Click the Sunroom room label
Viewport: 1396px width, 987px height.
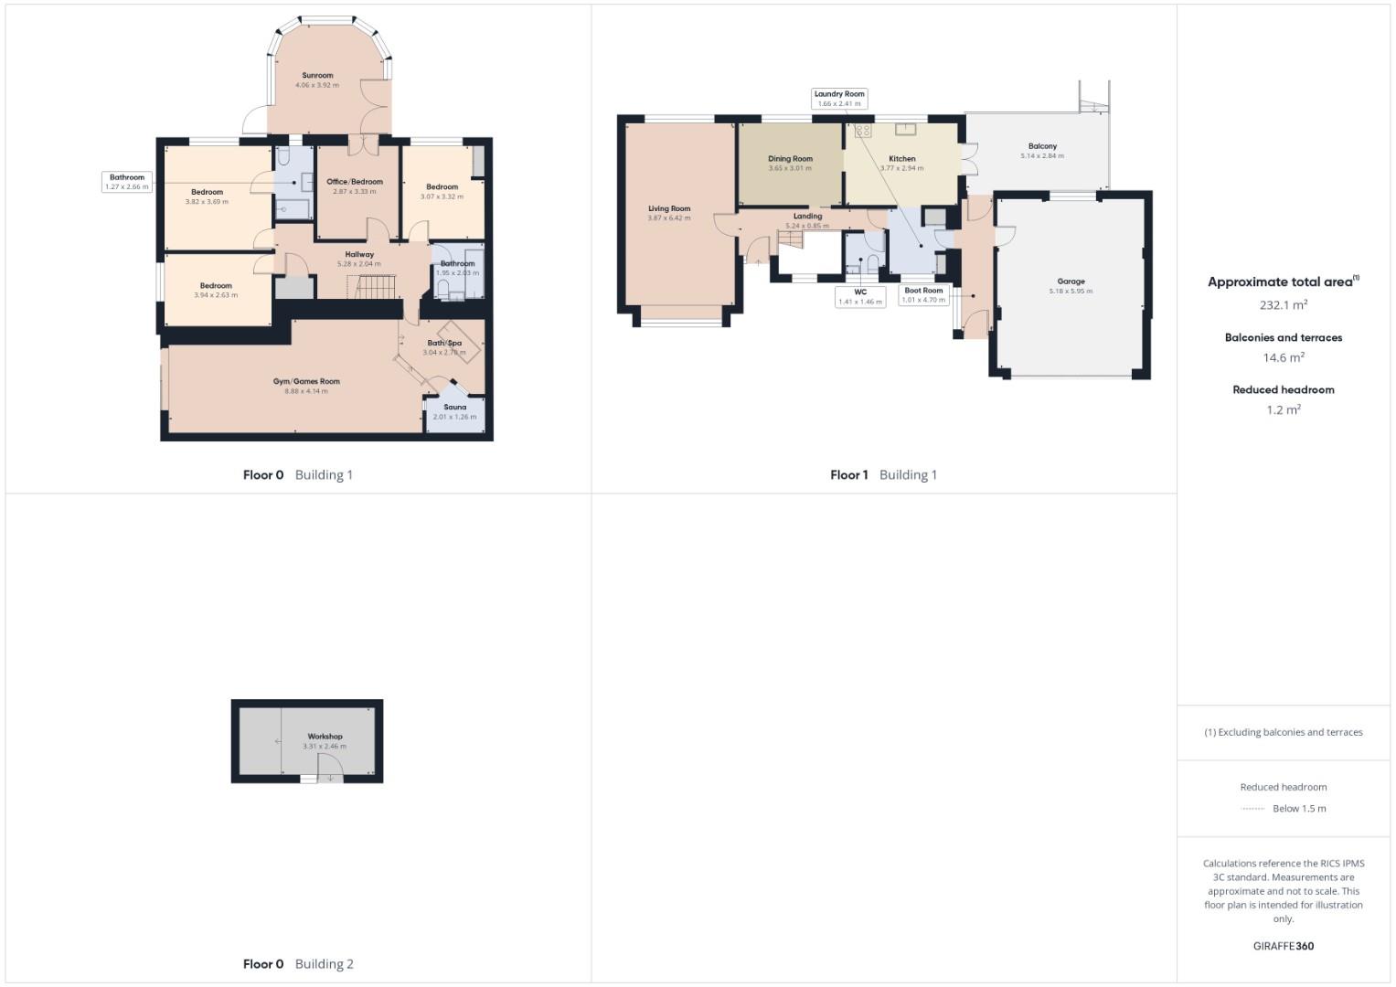point(317,76)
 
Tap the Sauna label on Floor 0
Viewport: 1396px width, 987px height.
point(454,408)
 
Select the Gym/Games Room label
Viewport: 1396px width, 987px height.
point(306,382)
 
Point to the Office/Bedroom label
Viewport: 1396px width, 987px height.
point(355,182)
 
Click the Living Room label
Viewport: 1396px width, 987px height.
point(669,209)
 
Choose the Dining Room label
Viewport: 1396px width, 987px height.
point(790,159)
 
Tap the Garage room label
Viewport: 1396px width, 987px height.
point(1071,281)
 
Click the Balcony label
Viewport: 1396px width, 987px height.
point(1042,146)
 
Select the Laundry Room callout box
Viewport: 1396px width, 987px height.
point(839,99)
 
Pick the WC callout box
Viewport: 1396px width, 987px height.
point(860,297)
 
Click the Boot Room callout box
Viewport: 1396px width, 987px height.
point(923,295)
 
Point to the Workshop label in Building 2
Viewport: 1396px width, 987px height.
point(325,737)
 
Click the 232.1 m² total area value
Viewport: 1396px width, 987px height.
point(1283,305)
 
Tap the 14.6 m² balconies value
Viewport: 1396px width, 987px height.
point(1283,358)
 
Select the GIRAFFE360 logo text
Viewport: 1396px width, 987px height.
point(1283,947)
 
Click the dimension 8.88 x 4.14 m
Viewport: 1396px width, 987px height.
point(306,392)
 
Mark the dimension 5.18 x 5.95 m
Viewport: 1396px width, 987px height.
point(1071,292)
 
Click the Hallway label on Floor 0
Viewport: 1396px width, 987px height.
point(359,255)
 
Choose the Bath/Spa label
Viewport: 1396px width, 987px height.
point(444,344)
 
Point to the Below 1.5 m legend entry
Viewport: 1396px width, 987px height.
point(1298,809)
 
